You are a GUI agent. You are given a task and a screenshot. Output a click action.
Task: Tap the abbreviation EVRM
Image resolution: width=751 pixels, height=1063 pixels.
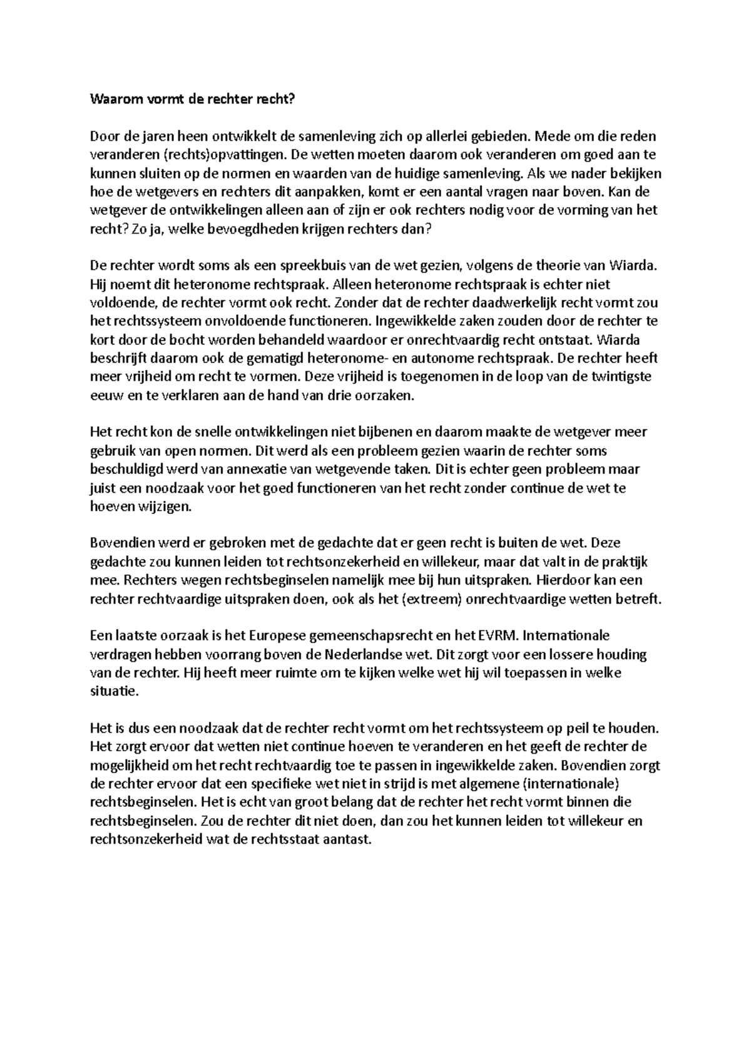pos(498,637)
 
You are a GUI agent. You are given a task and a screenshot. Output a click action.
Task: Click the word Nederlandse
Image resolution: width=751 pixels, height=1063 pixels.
pos(365,655)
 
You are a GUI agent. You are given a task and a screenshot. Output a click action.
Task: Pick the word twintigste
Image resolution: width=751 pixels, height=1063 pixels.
pos(622,377)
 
